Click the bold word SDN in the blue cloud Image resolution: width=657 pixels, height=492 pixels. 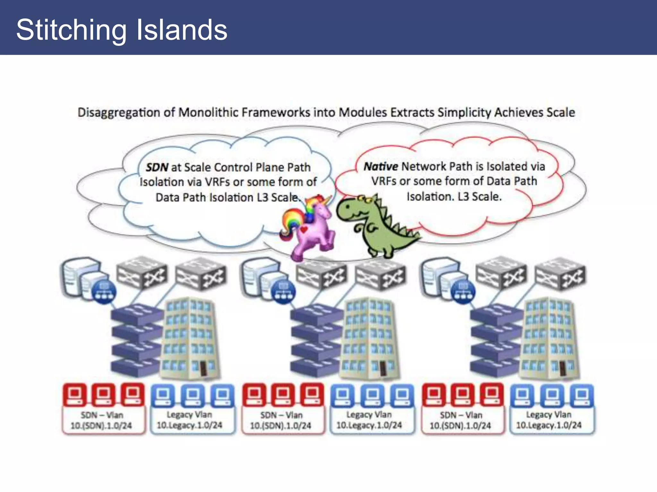(157, 167)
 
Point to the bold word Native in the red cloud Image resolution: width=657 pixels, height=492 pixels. (380, 166)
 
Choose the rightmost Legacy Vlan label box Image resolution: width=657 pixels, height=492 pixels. (549, 420)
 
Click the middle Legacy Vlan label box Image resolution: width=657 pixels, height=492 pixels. (369, 420)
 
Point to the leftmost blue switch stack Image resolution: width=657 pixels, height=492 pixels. (136, 340)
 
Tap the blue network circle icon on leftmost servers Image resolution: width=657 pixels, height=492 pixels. (104, 292)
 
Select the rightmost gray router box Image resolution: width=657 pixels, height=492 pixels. (560, 274)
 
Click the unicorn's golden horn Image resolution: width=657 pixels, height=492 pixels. (327, 200)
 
